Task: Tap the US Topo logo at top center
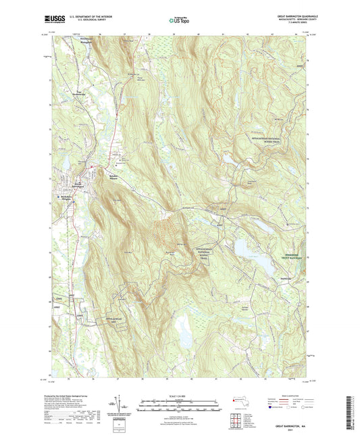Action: [178, 20]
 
